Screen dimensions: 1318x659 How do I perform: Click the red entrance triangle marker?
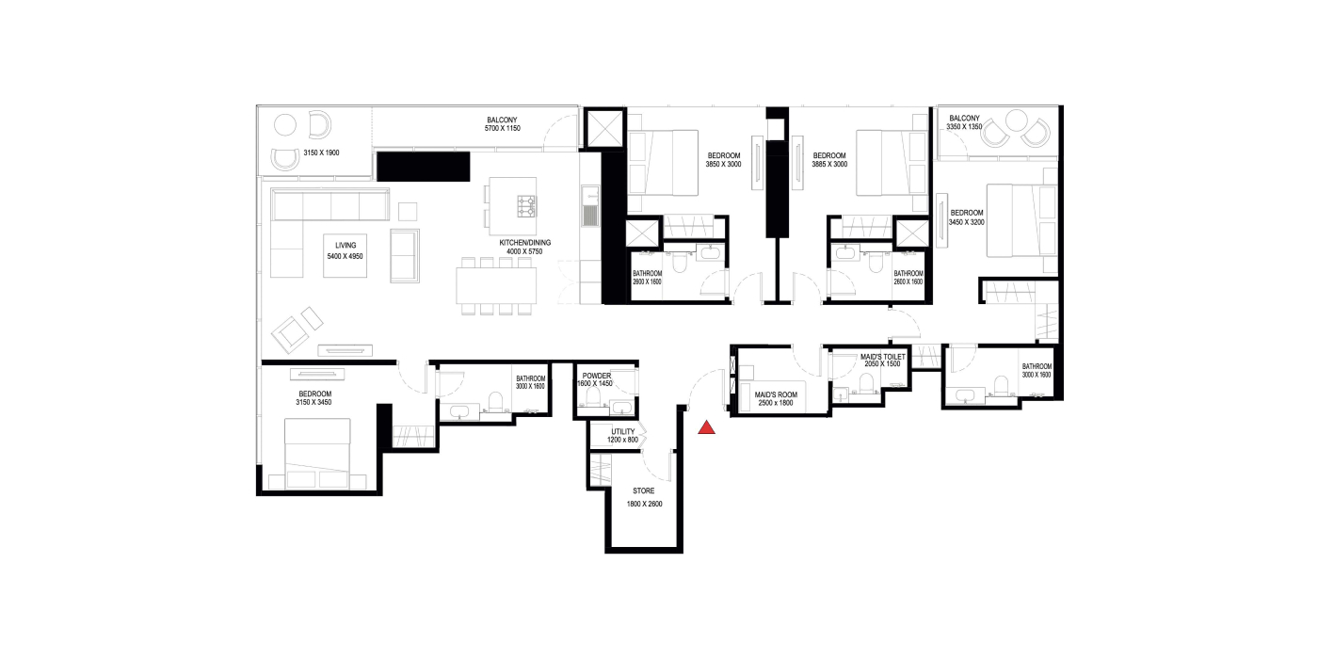click(707, 428)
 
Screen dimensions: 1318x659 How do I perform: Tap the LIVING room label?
click(346, 246)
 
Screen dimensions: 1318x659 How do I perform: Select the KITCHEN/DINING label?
click(525, 243)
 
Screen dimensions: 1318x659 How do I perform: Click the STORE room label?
click(644, 490)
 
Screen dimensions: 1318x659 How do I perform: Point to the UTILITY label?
click(622, 432)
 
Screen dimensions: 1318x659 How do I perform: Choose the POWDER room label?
click(597, 376)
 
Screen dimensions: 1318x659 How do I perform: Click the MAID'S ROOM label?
click(776, 394)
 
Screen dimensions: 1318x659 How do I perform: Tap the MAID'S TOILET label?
click(883, 357)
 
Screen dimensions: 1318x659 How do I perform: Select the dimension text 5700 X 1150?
click(503, 128)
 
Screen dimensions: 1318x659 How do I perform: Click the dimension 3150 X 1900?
click(321, 153)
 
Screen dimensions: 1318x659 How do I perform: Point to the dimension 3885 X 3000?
click(829, 164)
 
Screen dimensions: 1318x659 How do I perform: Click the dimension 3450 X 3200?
click(966, 222)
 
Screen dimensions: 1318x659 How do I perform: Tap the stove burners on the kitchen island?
click(526, 206)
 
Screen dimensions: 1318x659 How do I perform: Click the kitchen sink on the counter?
click(589, 206)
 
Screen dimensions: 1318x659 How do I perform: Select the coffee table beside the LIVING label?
click(346, 256)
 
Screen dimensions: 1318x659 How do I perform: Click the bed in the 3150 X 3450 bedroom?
click(318, 454)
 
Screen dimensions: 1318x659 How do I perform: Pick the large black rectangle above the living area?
click(423, 167)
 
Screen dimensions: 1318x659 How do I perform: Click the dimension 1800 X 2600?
click(644, 505)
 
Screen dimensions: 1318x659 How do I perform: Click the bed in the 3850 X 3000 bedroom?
click(664, 163)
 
